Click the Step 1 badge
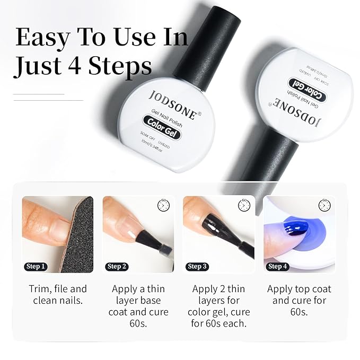(36, 266)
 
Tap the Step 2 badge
(117, 266)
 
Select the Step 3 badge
(197, 266)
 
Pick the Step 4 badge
(278, 266)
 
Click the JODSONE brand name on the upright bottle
(172, 104)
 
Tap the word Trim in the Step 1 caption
(39, 289)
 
